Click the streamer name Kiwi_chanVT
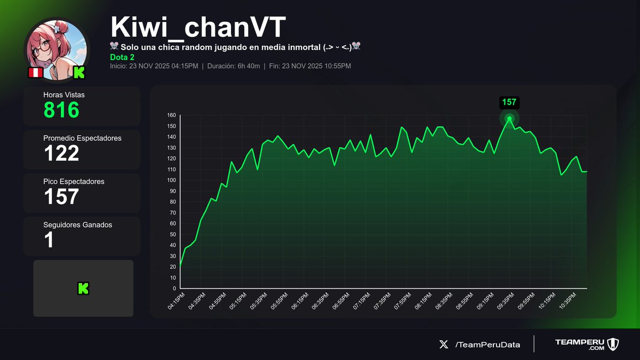pos(198,26)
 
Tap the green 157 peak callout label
pos(509,102)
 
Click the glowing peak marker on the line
pos(509,118)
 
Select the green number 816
pos(61,110)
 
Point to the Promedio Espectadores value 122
pos(61,153)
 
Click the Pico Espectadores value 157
pos(61,196)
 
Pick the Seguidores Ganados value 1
pos(49,240)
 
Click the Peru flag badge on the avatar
pos(35,73)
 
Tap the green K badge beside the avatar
pos(79,73)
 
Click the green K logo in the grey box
pos(83,289)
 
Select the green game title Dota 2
pos(122,57)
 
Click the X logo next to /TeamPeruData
pos(444,345)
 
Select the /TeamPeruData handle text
pos(487,345)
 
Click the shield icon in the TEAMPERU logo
pos(613,344)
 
